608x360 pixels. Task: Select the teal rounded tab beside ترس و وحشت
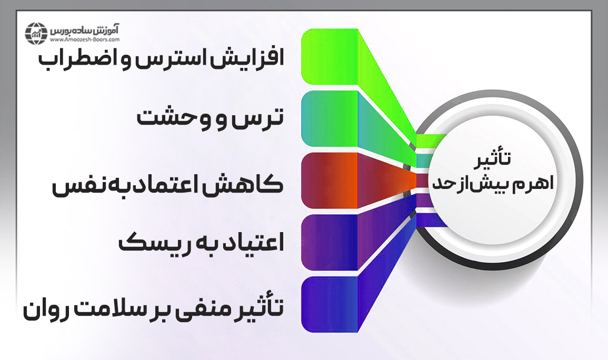pyautogui.click(x=329, y=118)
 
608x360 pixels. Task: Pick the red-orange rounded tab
pyautogui.click(x=329, y=181)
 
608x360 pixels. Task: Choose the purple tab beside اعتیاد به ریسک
pyautogui.click(x=329, y=242)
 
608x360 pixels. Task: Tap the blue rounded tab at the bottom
pyautogui.click(x=329, y=304)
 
